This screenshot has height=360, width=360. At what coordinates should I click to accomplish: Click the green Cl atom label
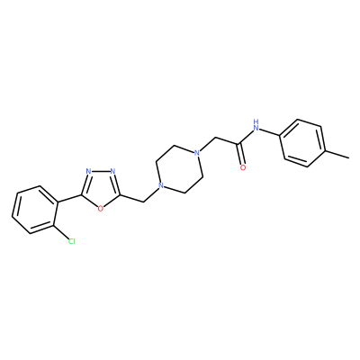[71, 241]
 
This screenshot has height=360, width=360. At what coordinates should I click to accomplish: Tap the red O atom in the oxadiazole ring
[101, 207]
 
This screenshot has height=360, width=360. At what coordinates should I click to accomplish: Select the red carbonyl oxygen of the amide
[243, 167]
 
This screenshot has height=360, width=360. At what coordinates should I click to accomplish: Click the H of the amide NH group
[256, 121]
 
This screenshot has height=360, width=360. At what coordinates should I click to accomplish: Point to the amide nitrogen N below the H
[256, 129]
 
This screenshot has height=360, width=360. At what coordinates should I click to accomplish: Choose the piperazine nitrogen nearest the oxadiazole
[161, 186]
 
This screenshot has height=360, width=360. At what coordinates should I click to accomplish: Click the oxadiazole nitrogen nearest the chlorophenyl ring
[88, 172]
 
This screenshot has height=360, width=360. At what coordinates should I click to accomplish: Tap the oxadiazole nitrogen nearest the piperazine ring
[112, 172]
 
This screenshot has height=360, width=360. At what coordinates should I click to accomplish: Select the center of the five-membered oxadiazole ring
[101, 187]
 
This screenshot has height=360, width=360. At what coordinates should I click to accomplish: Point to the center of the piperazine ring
[179, 169]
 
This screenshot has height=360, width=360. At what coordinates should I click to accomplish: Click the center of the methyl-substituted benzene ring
[303, 143]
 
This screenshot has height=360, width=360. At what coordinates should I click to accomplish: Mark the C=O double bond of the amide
[241, 155]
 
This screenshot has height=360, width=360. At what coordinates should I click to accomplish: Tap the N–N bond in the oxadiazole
[101, 172]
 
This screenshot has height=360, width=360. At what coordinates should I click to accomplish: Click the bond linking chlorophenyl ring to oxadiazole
[69, 199]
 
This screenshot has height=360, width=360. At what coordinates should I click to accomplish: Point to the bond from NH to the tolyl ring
[269, 133]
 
